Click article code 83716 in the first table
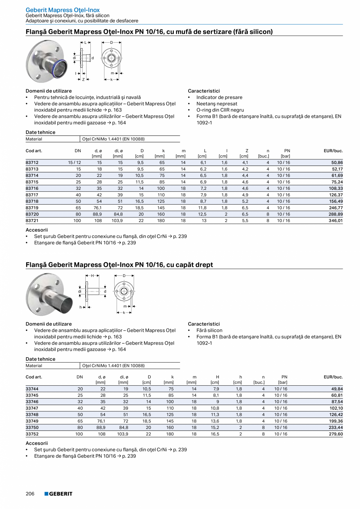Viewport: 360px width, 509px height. pyautogui.click(x=32, y=188)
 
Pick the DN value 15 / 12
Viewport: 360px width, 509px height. pyautogui.click(x=74, y=162)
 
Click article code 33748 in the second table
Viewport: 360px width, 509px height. pyautogui.click(x=32, y=415)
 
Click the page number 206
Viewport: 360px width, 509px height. pyautogui.click(x=30, y=494)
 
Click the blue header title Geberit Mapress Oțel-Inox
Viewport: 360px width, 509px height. pyautogui.click(x=63, y=10)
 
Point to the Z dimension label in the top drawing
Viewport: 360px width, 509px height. pyautogui.click(x=83, y=79)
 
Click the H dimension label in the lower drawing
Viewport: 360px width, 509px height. pyautogui.click(x=92, y=275)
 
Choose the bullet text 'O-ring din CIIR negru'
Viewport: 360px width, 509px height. pyautogui.click(x=220, y=110)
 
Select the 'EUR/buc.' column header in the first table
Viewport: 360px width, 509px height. pyautogui.click(x=333, y=151)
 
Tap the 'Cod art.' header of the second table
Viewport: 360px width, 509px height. pyautogui.click(x=34, y=377)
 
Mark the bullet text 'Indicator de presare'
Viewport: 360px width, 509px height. pyautogui.click(x=219, y=97)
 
